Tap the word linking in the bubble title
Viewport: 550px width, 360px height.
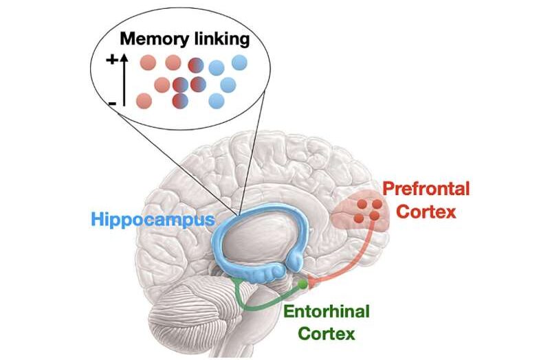pyautogui.click(x=217, y=39)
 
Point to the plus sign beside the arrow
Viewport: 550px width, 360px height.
pyautogui.click(x=111, y=60)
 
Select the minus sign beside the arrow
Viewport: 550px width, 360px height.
pyautogui.click(x=112, y=104)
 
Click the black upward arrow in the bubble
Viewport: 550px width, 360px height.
pyautogui.click(x=124, y=80)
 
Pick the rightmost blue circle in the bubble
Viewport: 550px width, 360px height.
pyautogui.click(x=239, y=63)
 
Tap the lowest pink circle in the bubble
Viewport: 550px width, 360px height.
pyautogui.click(x=144, y=101)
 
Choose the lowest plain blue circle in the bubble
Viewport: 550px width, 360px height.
pyautogui.click(x=217, y=101)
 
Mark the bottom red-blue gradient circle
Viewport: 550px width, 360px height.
pyautogui.click(x=180, y=100)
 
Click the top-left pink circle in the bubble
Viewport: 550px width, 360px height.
pyautogui.click(x=148, y=63)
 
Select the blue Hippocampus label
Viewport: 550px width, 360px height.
pyautogui.click(x=153, y=220)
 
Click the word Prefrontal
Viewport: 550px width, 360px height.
pyautogui.click(x=426, y=189)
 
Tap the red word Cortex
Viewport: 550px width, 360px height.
pyautogui.click(x=427, y=212)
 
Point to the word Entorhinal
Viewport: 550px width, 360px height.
pyautogui.click(x=326, y=311)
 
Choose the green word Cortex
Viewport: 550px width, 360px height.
pyautogui.click(x=326, y=333)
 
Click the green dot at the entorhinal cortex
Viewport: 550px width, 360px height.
pyautogui.click(x=302, y=284)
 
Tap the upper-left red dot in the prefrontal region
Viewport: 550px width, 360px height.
pyautogui.click(x=362, y=203)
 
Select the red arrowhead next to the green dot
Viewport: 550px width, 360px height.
pyautogui.click(x=312, y=282)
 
